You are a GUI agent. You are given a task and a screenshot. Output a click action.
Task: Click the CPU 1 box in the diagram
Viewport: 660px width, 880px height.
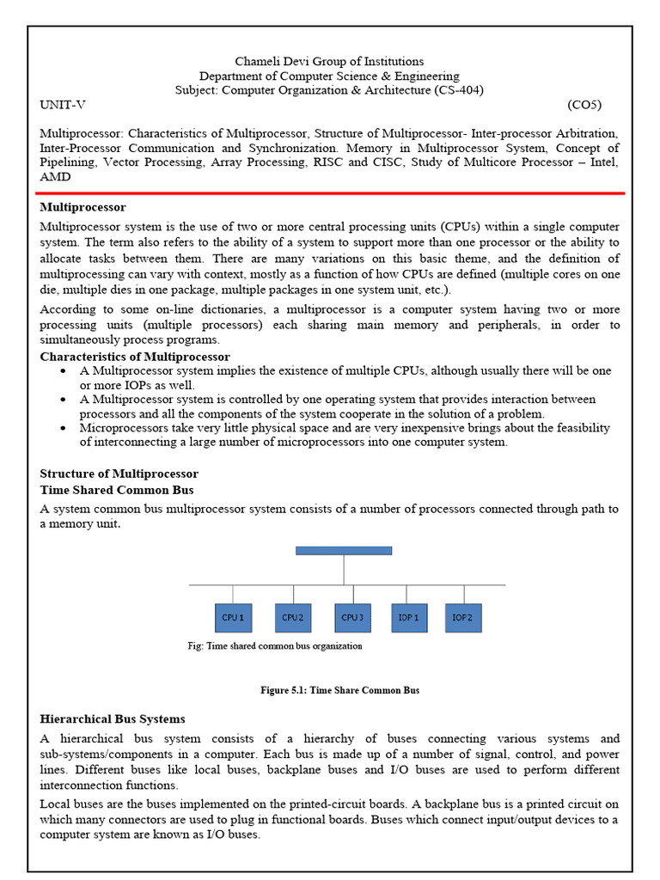[x=233, y=618]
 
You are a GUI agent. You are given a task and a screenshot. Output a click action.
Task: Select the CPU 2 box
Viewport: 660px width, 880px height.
[x=293, y=618]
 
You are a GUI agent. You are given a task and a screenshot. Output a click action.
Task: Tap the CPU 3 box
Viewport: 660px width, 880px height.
[x=352, y=618]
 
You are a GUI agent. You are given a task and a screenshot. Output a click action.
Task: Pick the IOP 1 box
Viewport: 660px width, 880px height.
[x=408, y=618]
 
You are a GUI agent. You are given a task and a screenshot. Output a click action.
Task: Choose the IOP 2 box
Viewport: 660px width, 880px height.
[x=464, y=618]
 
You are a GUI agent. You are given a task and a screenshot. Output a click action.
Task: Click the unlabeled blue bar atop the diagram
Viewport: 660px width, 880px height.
[x=344, y=550]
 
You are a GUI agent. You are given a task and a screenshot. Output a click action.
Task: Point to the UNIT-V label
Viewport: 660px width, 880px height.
[x=63, y=105]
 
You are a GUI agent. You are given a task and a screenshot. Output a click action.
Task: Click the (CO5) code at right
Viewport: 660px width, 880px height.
[x=584, y=105]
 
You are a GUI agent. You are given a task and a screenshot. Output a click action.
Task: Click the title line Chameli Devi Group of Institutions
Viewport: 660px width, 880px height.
[x=330, y=61]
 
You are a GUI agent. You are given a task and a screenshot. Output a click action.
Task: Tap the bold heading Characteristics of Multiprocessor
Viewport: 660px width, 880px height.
[x=135, y=356]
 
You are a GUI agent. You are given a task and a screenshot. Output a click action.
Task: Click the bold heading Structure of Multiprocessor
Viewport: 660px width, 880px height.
[x=119, y=474]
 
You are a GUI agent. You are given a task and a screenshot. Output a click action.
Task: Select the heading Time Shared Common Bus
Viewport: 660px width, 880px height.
[x=117, y=490]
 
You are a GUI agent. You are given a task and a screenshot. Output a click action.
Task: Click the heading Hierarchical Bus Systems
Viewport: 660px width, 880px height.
[x=113, y=718]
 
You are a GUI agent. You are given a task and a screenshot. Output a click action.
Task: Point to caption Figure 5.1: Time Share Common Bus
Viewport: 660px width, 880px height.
[x=340, y=689]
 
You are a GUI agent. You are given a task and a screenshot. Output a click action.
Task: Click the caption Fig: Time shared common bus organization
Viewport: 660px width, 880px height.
[x=275, y=646]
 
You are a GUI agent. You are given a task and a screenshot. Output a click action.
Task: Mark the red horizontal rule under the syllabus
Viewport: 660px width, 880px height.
[x=330, y=192]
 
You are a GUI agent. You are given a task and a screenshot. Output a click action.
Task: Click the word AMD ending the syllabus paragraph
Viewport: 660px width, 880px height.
[x=55, y=177]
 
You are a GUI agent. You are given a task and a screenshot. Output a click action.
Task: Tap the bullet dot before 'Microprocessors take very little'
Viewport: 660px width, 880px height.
[x=64, y=427]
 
